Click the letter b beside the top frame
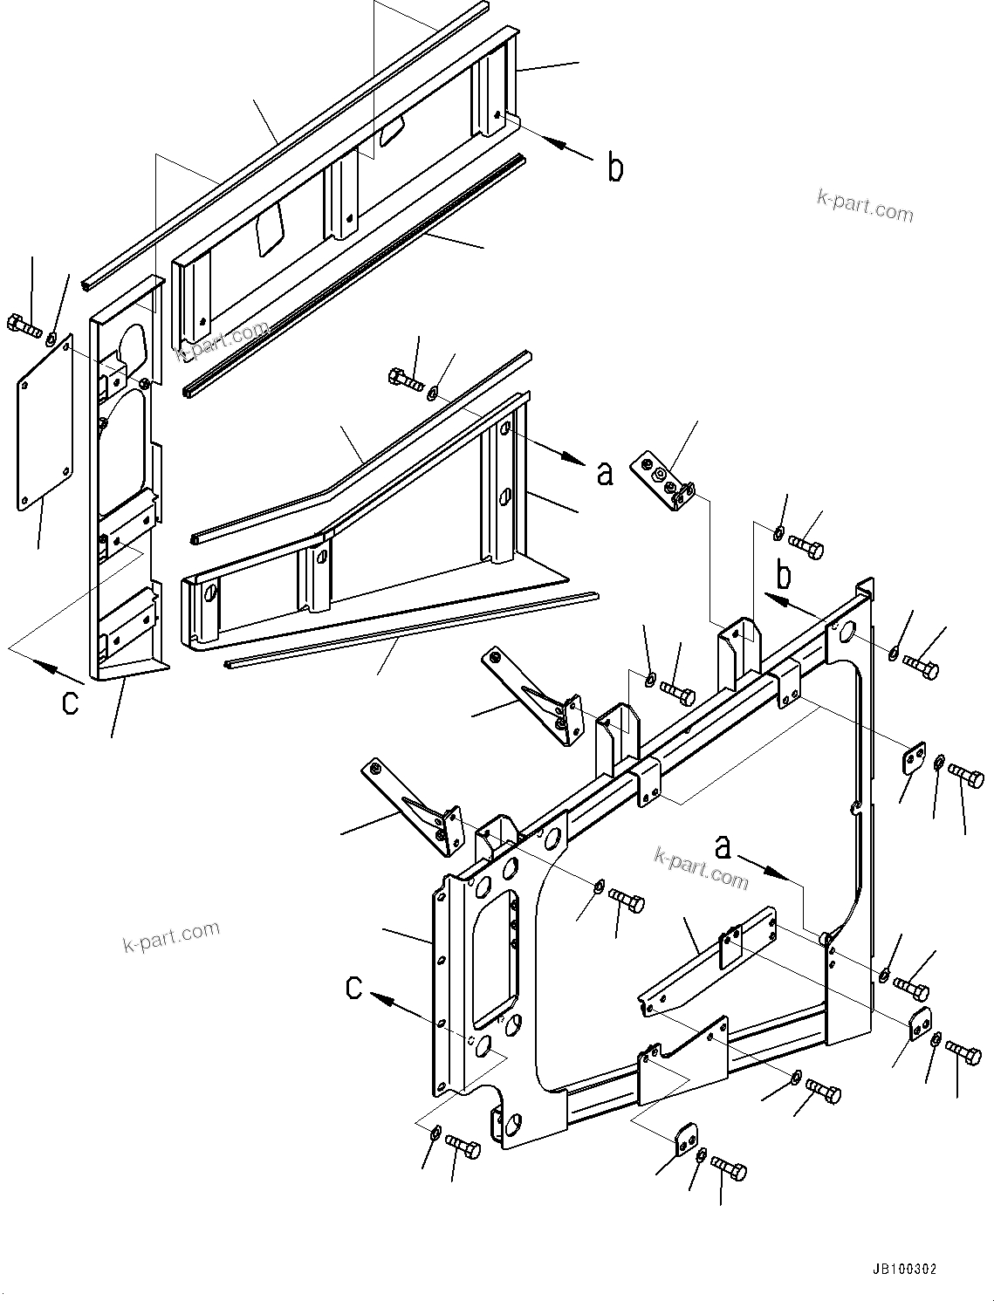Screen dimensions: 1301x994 615,168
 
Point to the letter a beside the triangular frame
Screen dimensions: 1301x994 605,472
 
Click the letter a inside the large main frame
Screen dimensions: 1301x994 723,846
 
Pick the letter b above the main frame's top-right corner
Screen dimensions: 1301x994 785,576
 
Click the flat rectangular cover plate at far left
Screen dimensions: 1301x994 44,425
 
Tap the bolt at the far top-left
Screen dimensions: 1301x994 24,327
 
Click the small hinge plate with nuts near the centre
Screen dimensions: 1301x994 667,481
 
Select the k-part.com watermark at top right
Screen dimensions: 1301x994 864,207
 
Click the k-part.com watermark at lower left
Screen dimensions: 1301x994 171,936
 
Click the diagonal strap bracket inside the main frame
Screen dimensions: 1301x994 707,960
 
